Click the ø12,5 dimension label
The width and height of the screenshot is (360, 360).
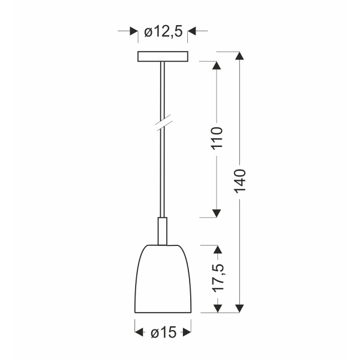point(163,32)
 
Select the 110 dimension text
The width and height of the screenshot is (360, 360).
point(217,139)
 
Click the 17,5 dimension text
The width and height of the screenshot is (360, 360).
point(217,278)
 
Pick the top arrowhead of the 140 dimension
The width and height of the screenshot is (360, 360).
point(240,56)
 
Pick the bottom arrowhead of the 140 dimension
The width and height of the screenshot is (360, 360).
point(240,309)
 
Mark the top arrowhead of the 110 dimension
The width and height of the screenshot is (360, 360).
point(217,65)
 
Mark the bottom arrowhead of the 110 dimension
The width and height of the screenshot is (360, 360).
point(217,212)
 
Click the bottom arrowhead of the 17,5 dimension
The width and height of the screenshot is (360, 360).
point(217,309)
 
